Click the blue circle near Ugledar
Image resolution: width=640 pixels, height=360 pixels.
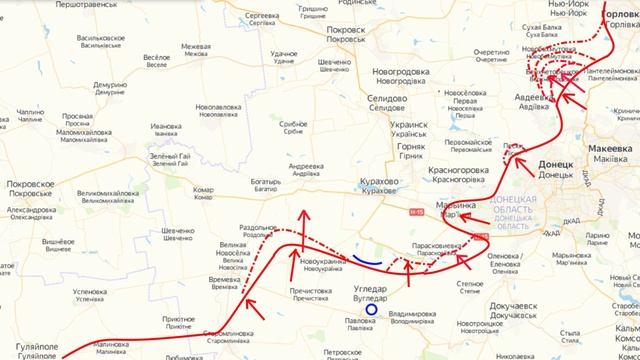coord(371,309)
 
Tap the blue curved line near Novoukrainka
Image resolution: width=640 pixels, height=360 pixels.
coord(366,261)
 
